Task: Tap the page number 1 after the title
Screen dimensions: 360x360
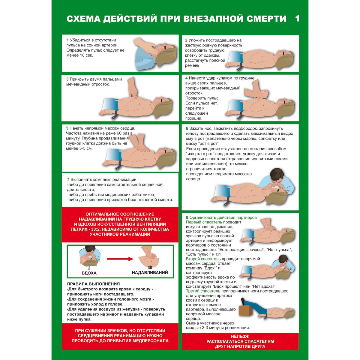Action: point(297,19)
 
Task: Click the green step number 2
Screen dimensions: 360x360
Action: point(186,40)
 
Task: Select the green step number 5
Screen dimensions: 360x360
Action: point(67,128)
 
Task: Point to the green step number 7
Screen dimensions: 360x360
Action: point(68,179)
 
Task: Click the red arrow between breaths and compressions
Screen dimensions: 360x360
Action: point(120,259)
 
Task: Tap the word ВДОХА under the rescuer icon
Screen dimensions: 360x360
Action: point(89,273)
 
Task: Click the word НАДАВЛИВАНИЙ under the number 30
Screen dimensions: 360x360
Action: point(150,273)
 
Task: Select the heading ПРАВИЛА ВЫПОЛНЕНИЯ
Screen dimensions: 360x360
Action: point(93,284)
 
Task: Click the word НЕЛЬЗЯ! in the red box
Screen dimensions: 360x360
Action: point(240,337)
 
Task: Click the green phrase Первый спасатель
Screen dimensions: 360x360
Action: point(204,222)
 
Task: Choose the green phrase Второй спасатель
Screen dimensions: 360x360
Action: point(203,259)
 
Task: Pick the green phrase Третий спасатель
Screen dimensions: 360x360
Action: point(203,291)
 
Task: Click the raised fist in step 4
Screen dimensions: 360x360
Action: point(263,93)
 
